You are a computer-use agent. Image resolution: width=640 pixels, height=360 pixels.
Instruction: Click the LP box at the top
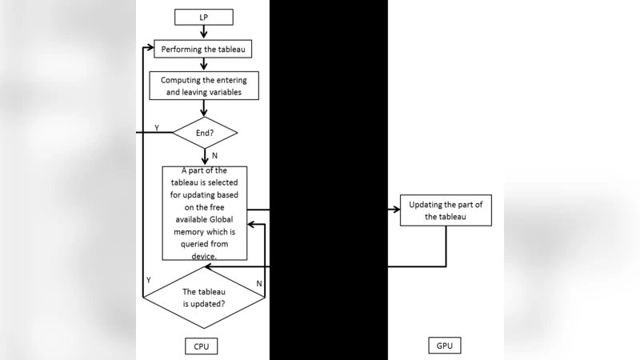coord(205,17)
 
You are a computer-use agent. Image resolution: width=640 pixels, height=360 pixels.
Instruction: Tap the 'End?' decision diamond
coord(206,132)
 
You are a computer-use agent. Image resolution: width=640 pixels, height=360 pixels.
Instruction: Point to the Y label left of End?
coord(156,127)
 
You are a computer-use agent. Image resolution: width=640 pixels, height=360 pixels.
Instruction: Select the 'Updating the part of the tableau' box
coord(446,210)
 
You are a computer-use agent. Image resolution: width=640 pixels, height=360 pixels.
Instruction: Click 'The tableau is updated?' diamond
coord(204,298)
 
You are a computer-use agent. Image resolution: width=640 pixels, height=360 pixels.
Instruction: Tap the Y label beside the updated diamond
coord(148,280)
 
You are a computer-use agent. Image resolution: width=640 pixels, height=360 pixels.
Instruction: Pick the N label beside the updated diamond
coord(258,283)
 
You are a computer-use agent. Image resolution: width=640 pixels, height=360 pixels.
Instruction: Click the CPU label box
coord(201,346)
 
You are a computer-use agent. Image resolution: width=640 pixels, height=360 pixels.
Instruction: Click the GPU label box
coord(445,346)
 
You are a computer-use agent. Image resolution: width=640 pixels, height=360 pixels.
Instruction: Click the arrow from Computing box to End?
coord(205,108)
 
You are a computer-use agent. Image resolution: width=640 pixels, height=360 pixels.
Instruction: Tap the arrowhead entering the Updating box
coord(394,210)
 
